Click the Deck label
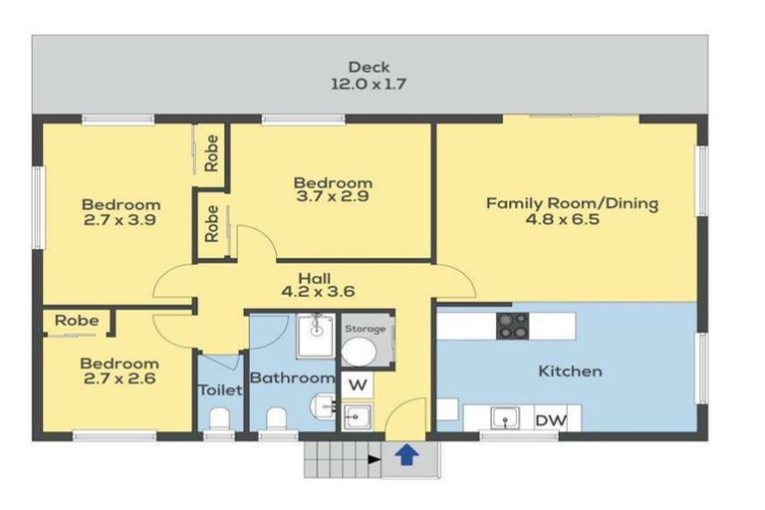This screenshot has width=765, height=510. click(x=369, y=68)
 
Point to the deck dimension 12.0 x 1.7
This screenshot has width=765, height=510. click(x=369, y=86)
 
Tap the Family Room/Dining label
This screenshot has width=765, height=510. click(x=572, y=203)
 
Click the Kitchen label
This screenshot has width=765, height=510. click(x=570, y=372)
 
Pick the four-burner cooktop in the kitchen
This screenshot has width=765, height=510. click(x=513, y=325)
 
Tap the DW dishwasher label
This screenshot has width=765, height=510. click(x=551, y=420)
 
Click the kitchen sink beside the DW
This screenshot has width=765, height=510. click(x=504, y=419)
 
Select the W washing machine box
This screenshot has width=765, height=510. click(x=357, y=383)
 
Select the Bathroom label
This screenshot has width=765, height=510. click(x=291, y=379)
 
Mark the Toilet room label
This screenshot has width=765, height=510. click(x=219, y=390)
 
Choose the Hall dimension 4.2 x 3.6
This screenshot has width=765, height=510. click(x=320, y=292)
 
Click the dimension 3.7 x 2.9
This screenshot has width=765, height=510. click(x=333, y=200)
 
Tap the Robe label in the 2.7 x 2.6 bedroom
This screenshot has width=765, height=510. click(x=76, y=321)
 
